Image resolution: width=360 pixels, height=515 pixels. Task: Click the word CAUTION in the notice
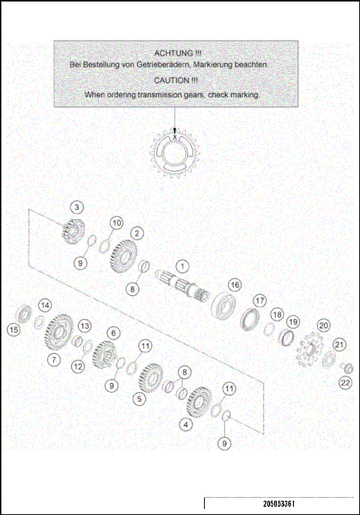(170, 80)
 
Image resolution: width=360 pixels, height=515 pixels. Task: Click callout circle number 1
(182, 265)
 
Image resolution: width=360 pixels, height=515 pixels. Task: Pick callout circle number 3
(77, 206)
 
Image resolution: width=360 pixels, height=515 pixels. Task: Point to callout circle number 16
(235, 285)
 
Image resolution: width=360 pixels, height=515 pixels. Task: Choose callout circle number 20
(323, 325)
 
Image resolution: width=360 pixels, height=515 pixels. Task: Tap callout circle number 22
(345, 383)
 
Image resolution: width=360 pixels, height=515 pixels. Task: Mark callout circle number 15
(13, 330)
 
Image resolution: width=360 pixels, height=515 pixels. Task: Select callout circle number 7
(54, 360)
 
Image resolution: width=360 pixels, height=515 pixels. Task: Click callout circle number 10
(116, 223)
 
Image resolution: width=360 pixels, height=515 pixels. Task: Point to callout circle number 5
(139, 399)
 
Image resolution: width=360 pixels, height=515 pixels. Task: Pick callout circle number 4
(185, 424)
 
